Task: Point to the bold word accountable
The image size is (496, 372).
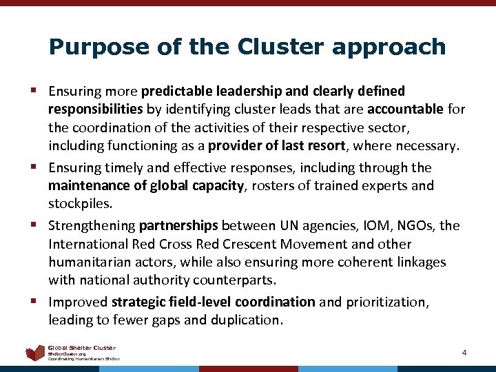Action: click(406, 109)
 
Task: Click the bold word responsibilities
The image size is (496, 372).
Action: click(96, 109)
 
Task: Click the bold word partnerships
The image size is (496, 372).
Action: click(178, 226)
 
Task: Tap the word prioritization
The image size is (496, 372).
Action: click(393, 302)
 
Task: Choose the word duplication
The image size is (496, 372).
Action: click(245, 320)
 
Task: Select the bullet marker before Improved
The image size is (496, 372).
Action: click(34, 302)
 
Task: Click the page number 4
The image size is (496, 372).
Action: click(464, 353)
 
